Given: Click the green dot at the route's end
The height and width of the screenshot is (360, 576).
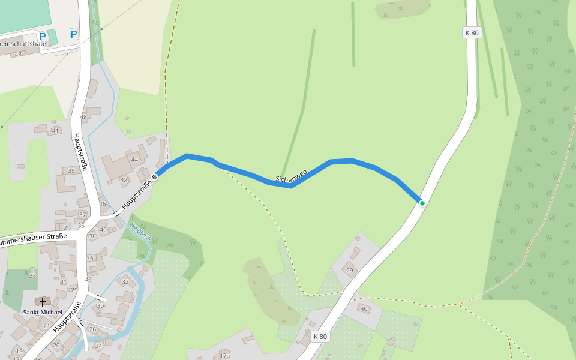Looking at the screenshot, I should (x=422, y=203).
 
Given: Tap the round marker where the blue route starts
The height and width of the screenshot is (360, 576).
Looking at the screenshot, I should (x=155, y=177).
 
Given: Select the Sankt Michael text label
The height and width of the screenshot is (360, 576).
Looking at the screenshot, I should (x=43, y=312).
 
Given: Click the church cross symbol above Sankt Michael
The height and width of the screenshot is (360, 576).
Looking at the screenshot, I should (x=43, y=302).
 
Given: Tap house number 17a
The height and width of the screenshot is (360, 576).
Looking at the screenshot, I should (x=224, y=356).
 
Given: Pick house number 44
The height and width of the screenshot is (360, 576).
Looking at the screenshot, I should (x=134, y=159).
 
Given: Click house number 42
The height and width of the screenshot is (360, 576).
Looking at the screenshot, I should (x=124, y=179).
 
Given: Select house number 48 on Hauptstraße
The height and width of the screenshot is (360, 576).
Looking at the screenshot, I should (x=83, y=117).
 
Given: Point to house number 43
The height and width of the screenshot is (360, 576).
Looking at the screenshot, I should (x=18, y=55).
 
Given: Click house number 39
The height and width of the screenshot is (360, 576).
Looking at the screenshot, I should (x=71, y=171).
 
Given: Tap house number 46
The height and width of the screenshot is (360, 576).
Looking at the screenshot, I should (x=103, y=205).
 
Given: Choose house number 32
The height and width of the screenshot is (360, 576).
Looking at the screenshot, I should (x=125, y=281).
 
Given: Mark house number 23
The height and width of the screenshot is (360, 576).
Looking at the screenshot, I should (x=32, y=276).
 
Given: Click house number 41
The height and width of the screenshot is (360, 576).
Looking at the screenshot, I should (x=55, y=131).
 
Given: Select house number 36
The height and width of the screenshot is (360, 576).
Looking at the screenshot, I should (x=89, y=258).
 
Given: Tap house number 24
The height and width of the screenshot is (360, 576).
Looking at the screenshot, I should (x=99, y=346).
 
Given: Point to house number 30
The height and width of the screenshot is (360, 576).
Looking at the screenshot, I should (x=101, y=306).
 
